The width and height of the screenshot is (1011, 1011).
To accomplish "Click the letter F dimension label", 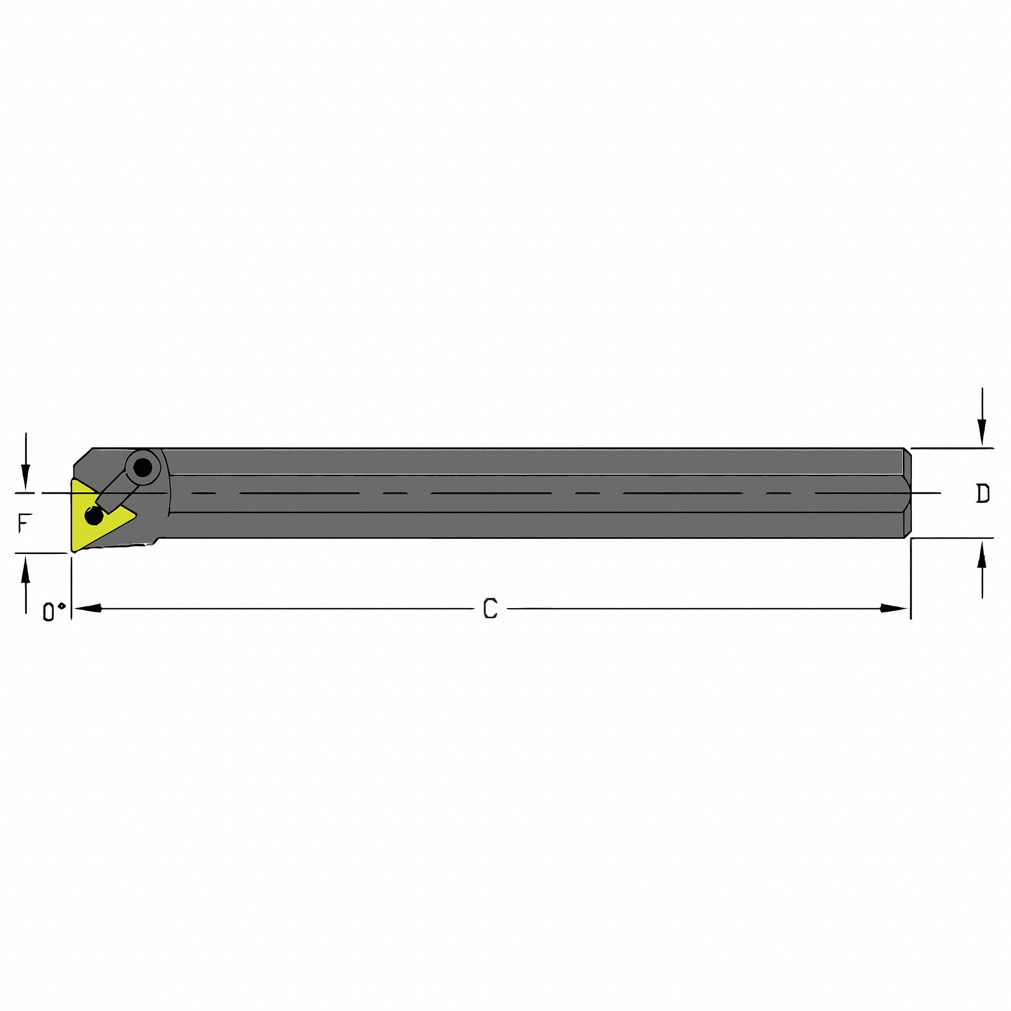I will pyautogui.click(x=23, y=523).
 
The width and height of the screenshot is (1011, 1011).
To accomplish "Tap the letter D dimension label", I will pyautogui.click(x=983, y=493).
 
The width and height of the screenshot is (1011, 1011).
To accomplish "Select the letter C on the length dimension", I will pyautogui.click(x=490, y=609).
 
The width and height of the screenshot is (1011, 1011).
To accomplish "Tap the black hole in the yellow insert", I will pyautogui.click(x=94, y=517).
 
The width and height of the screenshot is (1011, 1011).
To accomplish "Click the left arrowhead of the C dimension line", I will pyautogui.click(x=87, y=608).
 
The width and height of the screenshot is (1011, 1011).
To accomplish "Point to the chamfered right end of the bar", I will pyautogui.click(x=908, y=493).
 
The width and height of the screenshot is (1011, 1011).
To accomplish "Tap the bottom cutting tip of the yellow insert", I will pyautogui.click(x=74, y=550).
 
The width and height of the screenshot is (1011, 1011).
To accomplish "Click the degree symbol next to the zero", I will pyautogui.click(x=62, y=606).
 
